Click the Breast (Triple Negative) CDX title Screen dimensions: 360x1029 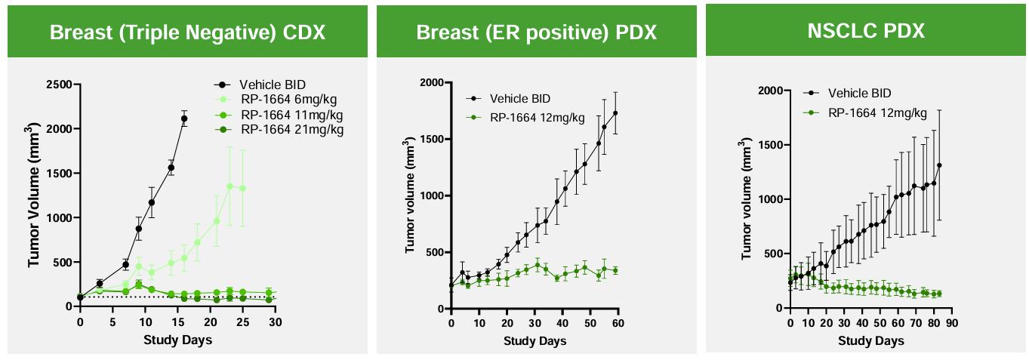(x=187, y=32)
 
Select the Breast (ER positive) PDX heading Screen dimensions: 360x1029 (x=536, y=32)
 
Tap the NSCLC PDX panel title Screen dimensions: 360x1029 (x=866, y=31)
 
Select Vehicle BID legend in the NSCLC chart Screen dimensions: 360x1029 (x=859, y=94)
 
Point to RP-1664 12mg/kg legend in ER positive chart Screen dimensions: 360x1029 (x=536, y=117)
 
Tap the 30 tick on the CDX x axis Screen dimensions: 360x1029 (x=276, y=322)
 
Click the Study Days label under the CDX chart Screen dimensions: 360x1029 (x=177, y=340)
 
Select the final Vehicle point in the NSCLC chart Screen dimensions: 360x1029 (x=939, y=165)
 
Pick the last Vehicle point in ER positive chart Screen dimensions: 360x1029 (x=615, y=113)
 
